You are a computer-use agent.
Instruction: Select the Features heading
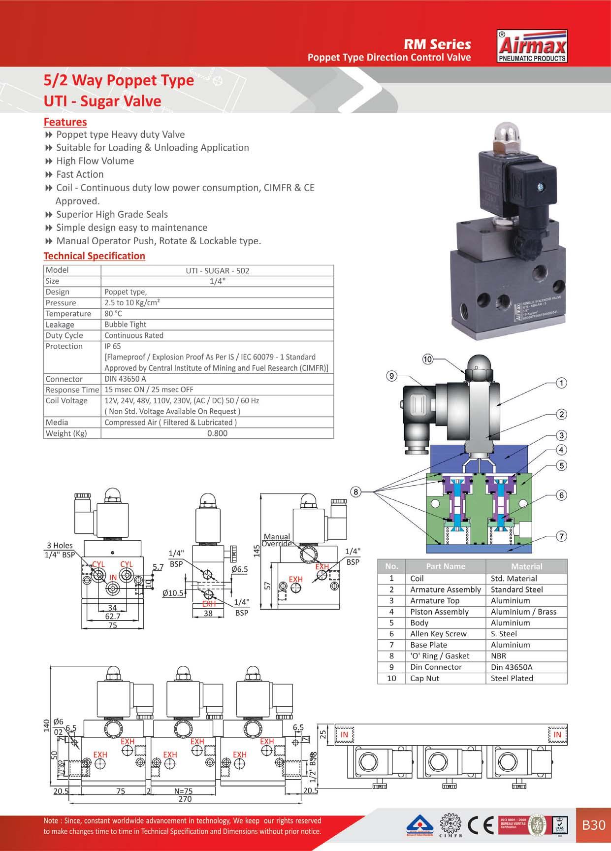pyautogui.click(x=65, y=122)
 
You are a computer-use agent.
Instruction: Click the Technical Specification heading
pyautogui.click(x=94, y=256)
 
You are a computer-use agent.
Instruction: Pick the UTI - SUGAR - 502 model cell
pyautogui.click(x=217, y=270)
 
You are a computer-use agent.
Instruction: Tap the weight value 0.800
pyautogui.click(x=217, y=433)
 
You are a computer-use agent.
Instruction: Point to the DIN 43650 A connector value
pyautogui.click(x=125, y=379)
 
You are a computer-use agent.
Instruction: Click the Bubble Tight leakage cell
pyautogui.click(x=125, y=325)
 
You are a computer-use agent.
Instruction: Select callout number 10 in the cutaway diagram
pyautogui.click(x=427, y=360)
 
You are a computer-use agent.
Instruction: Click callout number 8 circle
pyautogui.click(x=356, y=491)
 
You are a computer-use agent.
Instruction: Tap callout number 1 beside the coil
pyautogui.click(x=561, y=383)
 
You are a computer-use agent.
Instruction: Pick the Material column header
pyautogui.click(x=526, y=566)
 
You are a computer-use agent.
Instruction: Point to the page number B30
pyautogui.click(x=593, y=825)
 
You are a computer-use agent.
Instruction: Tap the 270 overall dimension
pyautogui.click(x=185, y=799)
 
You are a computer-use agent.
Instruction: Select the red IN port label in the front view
pyautogui.click(x=113, y=577)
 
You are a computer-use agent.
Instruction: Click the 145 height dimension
pyautogui.click(x=256, y=551)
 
